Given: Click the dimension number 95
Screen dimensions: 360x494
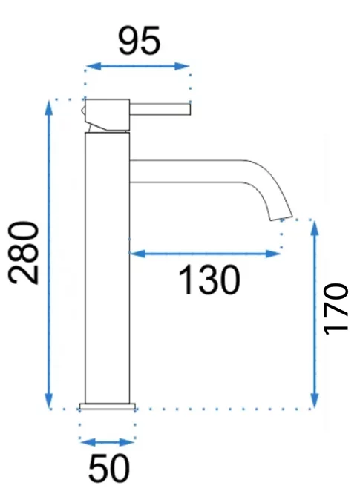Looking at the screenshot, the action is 139,40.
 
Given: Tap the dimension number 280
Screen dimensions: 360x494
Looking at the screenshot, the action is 24,253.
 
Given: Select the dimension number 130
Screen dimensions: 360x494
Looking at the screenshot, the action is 209,280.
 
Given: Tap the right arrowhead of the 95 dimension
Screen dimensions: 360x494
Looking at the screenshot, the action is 182,66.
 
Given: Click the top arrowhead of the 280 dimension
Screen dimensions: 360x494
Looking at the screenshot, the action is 48,108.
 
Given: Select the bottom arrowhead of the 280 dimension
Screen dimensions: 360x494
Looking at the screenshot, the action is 48,400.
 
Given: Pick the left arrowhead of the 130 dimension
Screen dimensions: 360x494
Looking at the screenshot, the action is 137,253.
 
